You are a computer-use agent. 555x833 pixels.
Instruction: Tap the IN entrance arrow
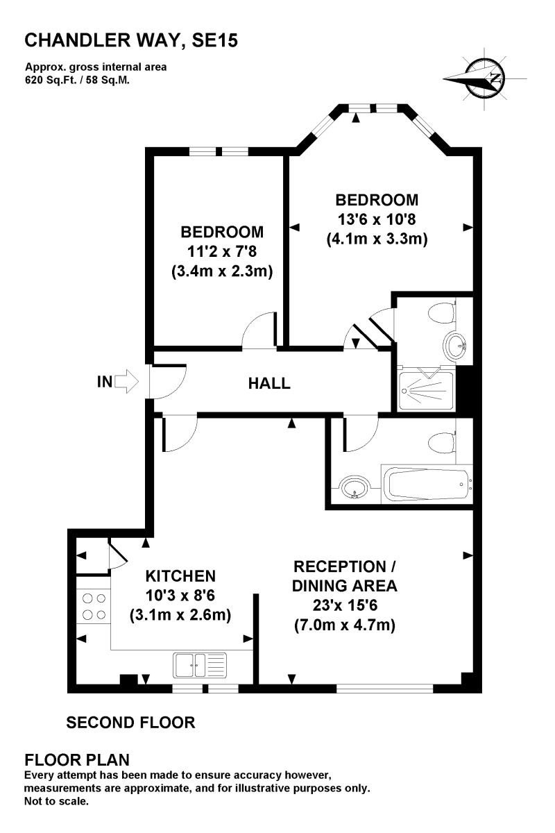pos(127,381)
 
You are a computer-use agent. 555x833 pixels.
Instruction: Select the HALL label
pos(269,382)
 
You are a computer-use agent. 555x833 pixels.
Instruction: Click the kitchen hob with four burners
pos(92,606)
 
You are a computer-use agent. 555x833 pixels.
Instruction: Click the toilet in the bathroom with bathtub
pos(441,441)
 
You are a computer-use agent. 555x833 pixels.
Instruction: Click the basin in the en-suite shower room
pos(456,345)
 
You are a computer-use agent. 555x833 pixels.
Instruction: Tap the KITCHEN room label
pos(180,575)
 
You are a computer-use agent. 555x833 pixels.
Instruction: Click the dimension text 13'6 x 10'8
pos(377,220)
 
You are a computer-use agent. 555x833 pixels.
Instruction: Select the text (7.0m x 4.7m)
pos(344,625)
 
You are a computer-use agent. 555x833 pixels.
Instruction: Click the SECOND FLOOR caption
pos(130,723)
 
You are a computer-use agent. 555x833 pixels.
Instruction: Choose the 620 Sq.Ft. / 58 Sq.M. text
pos(78,80)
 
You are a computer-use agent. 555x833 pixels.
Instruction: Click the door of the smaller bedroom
pos(259,330)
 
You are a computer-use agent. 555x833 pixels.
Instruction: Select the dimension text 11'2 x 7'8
pos(222,251)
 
